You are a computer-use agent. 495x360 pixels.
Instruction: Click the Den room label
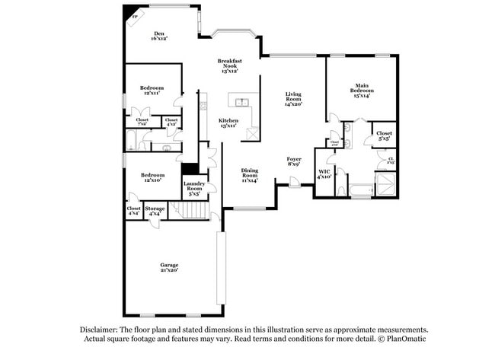click(159, 35)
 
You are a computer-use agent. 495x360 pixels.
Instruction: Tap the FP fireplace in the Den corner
click(135, 16)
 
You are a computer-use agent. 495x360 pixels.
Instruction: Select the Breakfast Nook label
click(229, 65)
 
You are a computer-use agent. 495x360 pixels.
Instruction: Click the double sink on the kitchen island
click(243, 102)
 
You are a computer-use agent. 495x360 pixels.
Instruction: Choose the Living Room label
click(294, 99)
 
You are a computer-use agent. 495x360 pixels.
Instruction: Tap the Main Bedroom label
click(361, 90)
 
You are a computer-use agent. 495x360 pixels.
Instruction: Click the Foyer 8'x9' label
click(294, 161)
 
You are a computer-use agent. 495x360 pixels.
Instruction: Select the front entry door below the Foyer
click(294, 181)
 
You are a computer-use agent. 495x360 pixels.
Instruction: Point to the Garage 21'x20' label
click(169, 267)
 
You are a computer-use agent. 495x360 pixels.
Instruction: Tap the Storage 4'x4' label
click(155, 210)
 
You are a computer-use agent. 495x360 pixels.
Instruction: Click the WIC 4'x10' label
click(324, 175)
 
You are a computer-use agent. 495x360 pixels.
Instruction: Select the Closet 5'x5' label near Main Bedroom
click(384, 135)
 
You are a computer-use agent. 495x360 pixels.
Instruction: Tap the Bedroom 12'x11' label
click(152, 90)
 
